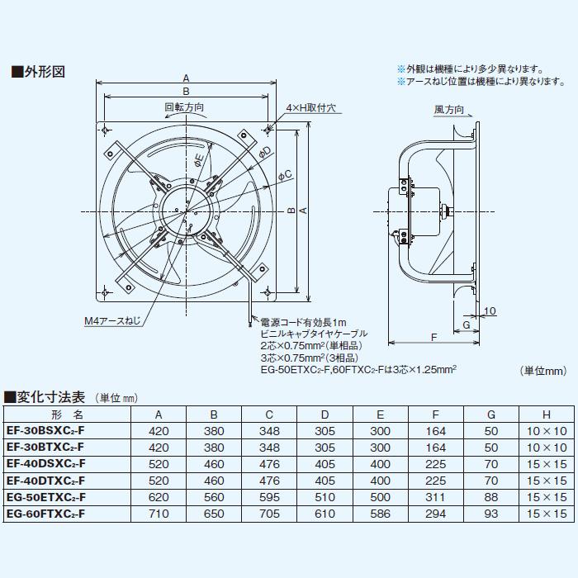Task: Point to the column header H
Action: tap(546, 415)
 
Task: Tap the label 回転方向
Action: tap(183, 107)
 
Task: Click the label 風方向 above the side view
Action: tap(448, 110)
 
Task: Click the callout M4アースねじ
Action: tap(112, 320)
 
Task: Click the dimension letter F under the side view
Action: tap(433, 337)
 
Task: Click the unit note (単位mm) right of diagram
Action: tap(542, 371)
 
